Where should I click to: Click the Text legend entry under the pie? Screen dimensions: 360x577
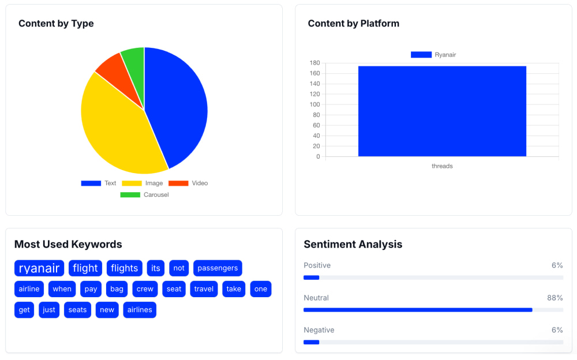pyautogui.click(x=99, y=183)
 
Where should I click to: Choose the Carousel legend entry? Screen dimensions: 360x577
pyautogui.click(x=144, y=194)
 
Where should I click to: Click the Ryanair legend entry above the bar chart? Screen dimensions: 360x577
pyautogui.click(x=433, y=55)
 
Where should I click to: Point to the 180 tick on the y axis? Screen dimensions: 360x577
pyautogui.click(x=314, y=63)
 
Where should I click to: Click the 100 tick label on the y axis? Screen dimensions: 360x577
pyautogui.click(x=314, y=104)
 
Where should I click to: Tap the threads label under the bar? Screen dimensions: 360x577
pyautogui.click(x=442, y=166)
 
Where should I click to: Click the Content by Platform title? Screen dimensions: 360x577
pyautogui.click(x=353, y=24)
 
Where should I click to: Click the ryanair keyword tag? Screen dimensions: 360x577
pyautogui.click(x=39, y=268)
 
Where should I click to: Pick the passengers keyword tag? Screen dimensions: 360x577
pyautogui.click(x=218, y=268)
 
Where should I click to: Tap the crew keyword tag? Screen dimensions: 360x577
pyautogui.click(x=145, y=289)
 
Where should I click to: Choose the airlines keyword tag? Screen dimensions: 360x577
pyautogui.click(x=140, y=310)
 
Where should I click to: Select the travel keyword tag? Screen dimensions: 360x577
pyautogui.click(x=204, y=289)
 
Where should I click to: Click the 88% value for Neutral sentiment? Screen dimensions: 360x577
pyautogui.click(x=554, y=298)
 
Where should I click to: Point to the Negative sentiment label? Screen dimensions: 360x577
pyautogui.click(x=319, y=330)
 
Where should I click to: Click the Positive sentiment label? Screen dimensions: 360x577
pyautogui.click(x=317, y=265)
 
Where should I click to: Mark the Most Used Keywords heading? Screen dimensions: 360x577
pyautogui.click(x=68, y=244)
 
